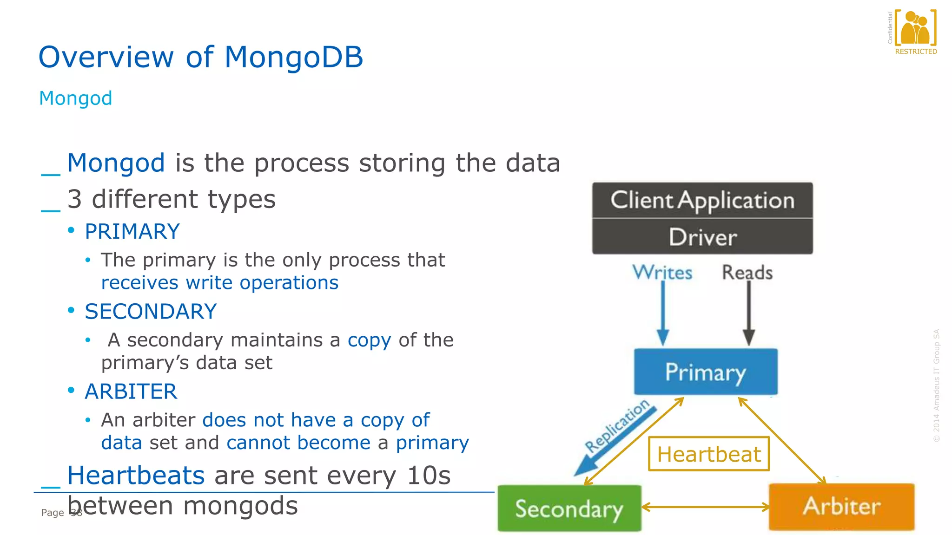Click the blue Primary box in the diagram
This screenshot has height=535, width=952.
[705, 372]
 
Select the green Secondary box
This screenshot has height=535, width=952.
[569, 509]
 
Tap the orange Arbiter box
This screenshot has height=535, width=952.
[841, 506]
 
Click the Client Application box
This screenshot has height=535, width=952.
[702, 200]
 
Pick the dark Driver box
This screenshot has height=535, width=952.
[702, 237]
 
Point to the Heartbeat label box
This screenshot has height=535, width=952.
[709, 454]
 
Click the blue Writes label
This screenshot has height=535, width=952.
[662, 273]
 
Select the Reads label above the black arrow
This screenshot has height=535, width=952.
[747, 273]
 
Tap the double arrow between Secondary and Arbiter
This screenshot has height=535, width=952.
[705, 507]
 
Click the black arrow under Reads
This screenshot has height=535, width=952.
[748, 313]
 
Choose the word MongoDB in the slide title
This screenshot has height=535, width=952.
[293, 57]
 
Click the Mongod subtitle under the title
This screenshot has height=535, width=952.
[76, 98]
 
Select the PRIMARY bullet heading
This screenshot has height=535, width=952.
[132, 231]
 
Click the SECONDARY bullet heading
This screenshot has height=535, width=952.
[151, 311]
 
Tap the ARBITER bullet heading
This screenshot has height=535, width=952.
[131, 391]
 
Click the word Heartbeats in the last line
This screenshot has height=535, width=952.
[136, 476]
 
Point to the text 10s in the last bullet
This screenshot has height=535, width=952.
[429, 476]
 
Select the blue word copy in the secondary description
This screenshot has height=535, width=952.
[369, 340]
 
